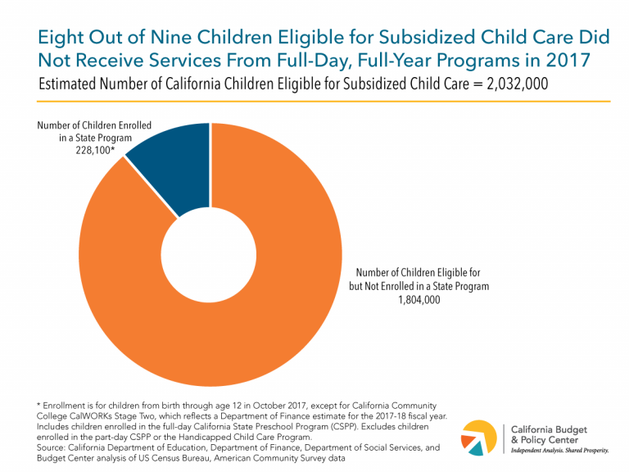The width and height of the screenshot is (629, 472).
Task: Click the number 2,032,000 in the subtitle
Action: click(508, 84)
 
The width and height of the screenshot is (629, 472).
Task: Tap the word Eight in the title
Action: click(62, 38)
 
